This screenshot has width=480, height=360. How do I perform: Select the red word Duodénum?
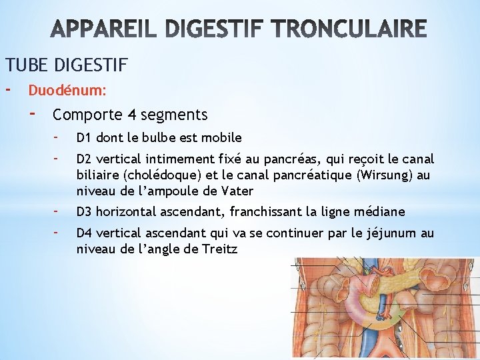[x=67, y=89]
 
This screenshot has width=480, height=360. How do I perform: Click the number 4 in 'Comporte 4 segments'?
[x=133, y=115]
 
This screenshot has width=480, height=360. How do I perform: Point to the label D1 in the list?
[x=83, y=138]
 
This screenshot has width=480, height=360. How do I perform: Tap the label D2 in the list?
[x=83, y=159]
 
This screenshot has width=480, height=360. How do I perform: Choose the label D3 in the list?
[x=83, y=212]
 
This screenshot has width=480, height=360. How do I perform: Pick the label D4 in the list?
[x=83, y=233]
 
